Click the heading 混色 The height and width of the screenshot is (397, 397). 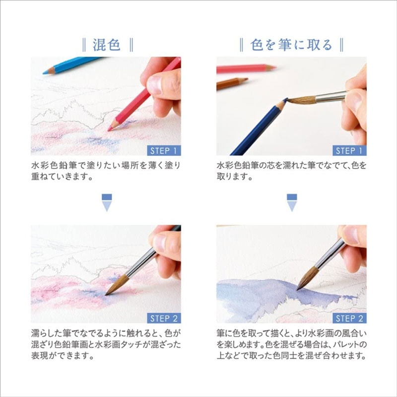107,45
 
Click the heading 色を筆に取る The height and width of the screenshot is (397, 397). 291,45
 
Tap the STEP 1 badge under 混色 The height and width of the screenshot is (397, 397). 164,150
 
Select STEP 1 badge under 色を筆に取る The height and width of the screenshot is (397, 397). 349,150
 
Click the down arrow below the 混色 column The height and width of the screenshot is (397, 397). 106,203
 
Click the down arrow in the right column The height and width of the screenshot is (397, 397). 291,203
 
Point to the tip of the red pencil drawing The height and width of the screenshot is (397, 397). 110,130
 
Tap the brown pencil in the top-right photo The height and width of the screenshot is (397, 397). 232,83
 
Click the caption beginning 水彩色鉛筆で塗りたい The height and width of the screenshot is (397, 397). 106,171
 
